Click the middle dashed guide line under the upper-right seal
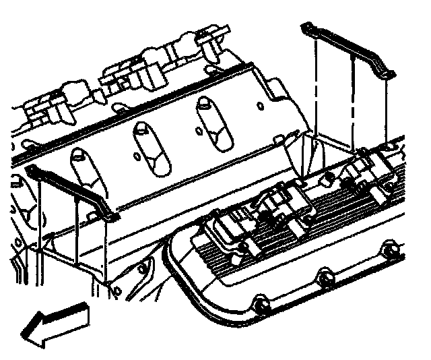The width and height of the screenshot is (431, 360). (352, 101)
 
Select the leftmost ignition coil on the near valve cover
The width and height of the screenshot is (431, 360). (229, 229)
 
